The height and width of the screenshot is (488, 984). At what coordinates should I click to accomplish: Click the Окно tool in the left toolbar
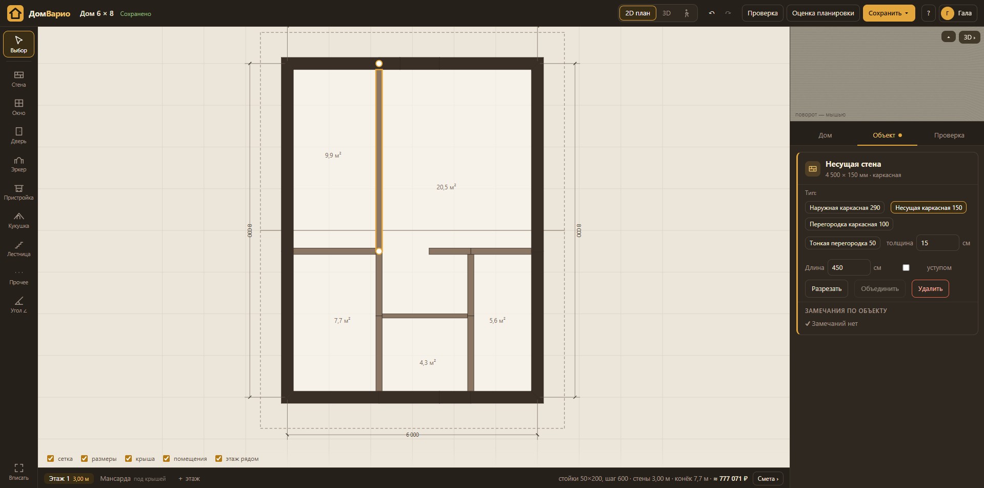[19, 107]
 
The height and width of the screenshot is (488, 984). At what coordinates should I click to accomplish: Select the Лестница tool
[19, 248]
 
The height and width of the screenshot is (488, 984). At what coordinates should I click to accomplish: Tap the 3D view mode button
[667, 13]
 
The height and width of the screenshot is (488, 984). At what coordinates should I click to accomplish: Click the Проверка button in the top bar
[762, 13]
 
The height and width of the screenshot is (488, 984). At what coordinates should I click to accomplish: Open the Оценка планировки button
[823, 13]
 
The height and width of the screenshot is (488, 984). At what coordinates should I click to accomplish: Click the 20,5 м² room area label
[446, 187]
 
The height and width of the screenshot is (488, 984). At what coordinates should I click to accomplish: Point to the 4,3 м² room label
[428, 362]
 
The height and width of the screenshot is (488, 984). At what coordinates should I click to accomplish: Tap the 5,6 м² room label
[497, 320]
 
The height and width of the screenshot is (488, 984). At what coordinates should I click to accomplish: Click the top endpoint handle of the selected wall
[379, 64]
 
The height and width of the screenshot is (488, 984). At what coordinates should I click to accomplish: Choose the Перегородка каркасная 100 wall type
[849, 224]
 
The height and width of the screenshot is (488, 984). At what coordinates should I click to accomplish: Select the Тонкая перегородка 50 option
[842, 243]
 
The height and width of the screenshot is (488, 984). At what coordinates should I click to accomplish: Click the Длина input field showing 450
[849, 268]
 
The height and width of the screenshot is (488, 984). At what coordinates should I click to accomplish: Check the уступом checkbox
[906, 268]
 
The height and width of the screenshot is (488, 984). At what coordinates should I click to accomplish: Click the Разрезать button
[827, 289]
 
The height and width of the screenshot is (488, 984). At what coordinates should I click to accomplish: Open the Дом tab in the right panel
[825, 135]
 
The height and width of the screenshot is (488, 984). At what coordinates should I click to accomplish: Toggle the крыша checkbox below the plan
[128, 459]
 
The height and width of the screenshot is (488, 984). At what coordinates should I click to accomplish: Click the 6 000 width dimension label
[412, 435]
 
